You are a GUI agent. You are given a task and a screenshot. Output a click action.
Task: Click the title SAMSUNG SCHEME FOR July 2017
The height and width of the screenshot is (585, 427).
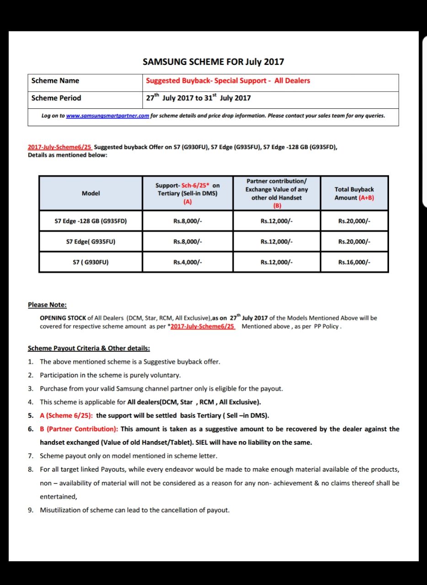213,62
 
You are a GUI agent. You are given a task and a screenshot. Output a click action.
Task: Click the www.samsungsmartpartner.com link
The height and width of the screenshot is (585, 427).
107,116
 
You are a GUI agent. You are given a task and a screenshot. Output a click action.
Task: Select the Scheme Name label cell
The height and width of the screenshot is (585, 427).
55,81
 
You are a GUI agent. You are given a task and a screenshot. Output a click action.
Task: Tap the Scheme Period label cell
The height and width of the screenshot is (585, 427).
56,98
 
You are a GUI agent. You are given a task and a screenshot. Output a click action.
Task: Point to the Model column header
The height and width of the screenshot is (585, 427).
91,193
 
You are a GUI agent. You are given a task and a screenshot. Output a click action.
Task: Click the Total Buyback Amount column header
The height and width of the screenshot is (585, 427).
354,193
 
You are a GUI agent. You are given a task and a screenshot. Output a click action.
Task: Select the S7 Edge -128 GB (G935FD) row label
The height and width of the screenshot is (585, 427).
91,221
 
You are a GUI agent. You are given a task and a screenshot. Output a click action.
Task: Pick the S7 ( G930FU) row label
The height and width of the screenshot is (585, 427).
91,262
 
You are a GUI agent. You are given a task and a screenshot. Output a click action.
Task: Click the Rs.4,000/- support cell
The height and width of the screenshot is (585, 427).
187,262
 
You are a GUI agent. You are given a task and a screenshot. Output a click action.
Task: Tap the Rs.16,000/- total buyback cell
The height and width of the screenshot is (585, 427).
354,262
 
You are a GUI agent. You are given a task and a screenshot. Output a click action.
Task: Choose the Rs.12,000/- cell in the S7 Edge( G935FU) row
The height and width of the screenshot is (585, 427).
277,242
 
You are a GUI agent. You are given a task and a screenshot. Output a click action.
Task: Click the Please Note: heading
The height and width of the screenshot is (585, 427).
47,305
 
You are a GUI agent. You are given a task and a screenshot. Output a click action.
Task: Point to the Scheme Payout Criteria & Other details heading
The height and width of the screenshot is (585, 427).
89,348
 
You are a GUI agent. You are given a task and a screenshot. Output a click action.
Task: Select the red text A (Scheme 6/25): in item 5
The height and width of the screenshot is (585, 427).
67,415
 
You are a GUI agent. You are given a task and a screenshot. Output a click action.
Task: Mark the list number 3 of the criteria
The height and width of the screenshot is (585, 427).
31,389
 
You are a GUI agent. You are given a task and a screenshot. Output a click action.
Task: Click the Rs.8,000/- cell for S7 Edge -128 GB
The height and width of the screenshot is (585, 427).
187,221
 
